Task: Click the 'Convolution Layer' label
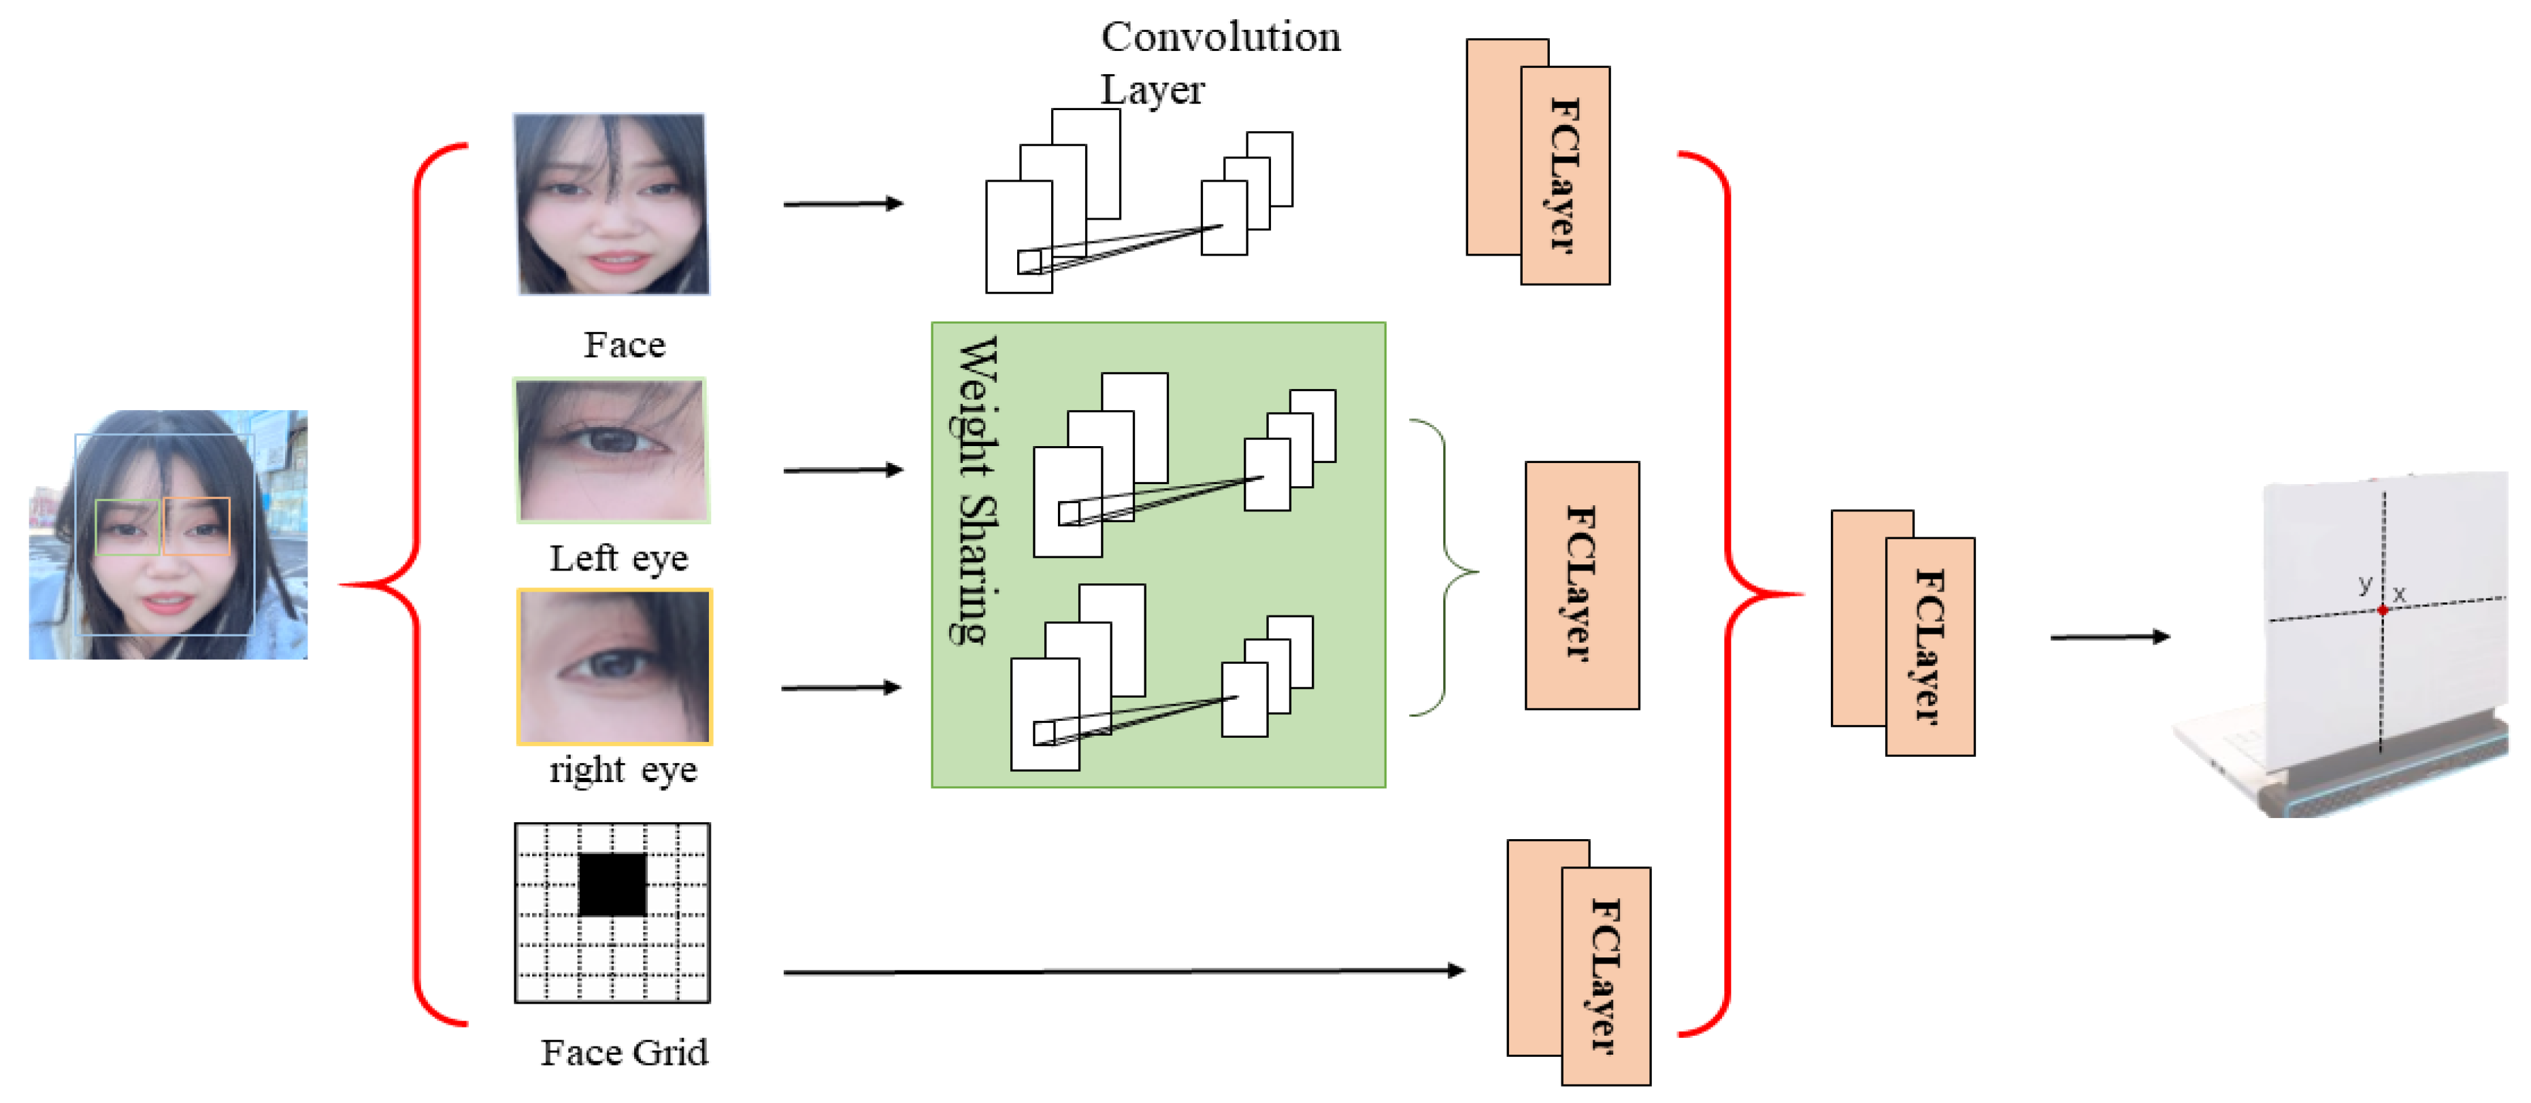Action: coord(1221,62)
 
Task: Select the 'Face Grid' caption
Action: coord(624,1052)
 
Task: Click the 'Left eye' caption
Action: coord(619,558)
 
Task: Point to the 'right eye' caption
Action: coord(623,769)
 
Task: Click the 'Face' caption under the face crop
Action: coord(625,345)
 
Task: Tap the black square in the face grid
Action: coord(612,884)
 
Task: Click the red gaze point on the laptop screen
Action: coord(2383,611)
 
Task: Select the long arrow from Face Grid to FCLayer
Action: coord(1124,971)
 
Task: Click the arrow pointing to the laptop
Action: coord(2111,637)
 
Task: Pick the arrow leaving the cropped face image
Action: coord(843,203)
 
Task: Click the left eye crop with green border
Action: coord(611,450)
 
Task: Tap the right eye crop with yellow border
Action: coord(614,667)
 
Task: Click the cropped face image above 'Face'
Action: coord(611,204)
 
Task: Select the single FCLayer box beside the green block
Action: coord(1582,586)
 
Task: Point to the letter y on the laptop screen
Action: coord(2365,583)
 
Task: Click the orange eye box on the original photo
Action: coord(197,526)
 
